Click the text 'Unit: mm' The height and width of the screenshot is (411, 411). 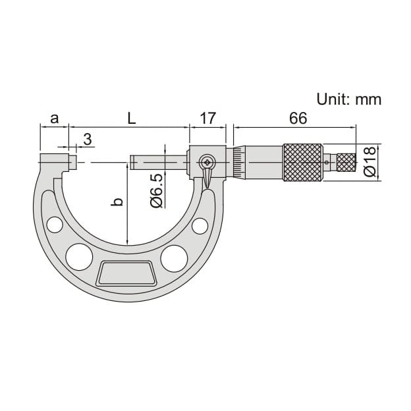pos(348,99)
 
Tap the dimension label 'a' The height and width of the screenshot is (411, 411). pos(55,119)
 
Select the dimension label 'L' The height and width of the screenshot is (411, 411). pos(132,119)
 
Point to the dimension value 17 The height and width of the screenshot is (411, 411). pos(207,119)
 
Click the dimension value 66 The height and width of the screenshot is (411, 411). pos(298,119)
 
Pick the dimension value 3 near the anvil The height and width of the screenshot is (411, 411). pos(87,139)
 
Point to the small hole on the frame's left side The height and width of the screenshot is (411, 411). pos(55,225)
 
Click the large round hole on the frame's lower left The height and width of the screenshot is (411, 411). pos(79,257)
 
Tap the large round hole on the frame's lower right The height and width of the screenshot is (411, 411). pos(173,258)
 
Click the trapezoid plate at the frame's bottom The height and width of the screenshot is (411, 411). pos(126,273)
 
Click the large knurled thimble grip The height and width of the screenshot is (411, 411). pos(303,162)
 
